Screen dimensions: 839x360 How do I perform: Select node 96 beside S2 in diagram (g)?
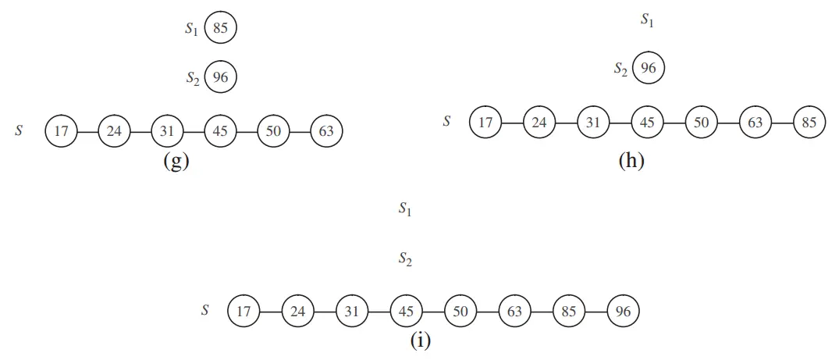[220, 77]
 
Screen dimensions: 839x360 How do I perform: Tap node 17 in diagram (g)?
[61, 131]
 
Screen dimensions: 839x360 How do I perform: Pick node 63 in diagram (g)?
[326, 131]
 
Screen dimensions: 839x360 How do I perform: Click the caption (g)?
[176, 162]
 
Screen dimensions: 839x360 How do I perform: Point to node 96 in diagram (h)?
[648, 69]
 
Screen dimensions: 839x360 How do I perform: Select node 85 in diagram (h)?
[809, 123]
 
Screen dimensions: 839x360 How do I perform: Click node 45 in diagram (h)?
[648, 123]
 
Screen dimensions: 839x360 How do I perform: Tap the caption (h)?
[631, 162]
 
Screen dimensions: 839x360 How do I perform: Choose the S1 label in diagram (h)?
[647, 20]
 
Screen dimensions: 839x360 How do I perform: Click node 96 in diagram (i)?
[623, 312]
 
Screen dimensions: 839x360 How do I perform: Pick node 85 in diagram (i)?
[568, 312]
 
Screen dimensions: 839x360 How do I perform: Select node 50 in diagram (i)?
[460, 312]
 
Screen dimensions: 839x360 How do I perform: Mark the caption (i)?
[420, 341]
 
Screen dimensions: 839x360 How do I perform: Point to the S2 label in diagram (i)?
[405, 259]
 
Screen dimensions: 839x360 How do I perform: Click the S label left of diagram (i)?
[205, 310]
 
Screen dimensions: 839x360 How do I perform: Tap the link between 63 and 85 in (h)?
[782, 123]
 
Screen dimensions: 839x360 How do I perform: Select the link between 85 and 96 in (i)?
[595, 312]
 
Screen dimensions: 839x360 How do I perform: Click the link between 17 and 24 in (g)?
[87, 131]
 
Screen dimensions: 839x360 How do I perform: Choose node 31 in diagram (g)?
[167, 131]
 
